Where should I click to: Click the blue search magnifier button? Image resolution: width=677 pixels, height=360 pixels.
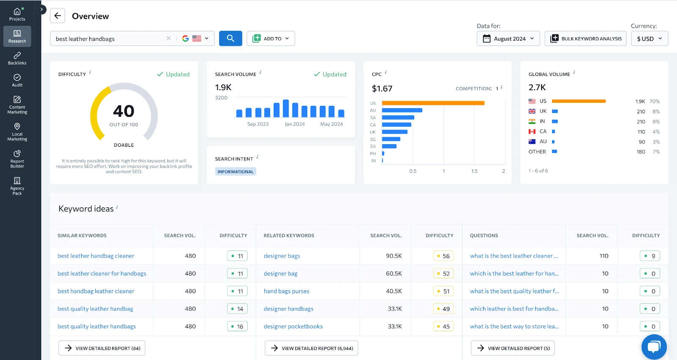230,38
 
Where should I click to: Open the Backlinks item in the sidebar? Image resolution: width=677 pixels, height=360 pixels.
17,58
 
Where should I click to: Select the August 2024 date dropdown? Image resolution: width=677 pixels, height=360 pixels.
508,38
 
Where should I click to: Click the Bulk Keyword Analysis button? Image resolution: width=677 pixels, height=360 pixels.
586,38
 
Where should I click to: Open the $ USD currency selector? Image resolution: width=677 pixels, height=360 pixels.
649,38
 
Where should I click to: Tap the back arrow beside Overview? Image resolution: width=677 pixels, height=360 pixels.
58,16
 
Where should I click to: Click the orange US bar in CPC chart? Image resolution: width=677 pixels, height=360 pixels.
433,103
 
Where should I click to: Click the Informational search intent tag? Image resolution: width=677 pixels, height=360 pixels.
235,172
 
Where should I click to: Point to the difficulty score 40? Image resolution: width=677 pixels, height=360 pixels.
124,111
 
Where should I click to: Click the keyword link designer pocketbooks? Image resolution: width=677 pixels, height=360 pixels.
293,327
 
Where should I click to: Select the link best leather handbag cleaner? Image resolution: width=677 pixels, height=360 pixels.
96,256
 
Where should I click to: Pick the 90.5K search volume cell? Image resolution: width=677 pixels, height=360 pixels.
394,256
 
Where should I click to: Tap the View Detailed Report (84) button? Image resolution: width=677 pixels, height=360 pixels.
102,348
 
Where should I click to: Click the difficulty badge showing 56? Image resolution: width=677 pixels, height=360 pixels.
443,256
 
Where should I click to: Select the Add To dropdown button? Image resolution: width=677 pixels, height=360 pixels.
271,38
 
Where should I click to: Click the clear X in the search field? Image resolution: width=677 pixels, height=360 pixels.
168,38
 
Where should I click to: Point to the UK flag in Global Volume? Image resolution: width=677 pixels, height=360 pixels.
532,111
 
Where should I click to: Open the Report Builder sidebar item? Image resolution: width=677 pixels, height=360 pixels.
17,159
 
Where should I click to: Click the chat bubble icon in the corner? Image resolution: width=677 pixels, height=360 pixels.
654,347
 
